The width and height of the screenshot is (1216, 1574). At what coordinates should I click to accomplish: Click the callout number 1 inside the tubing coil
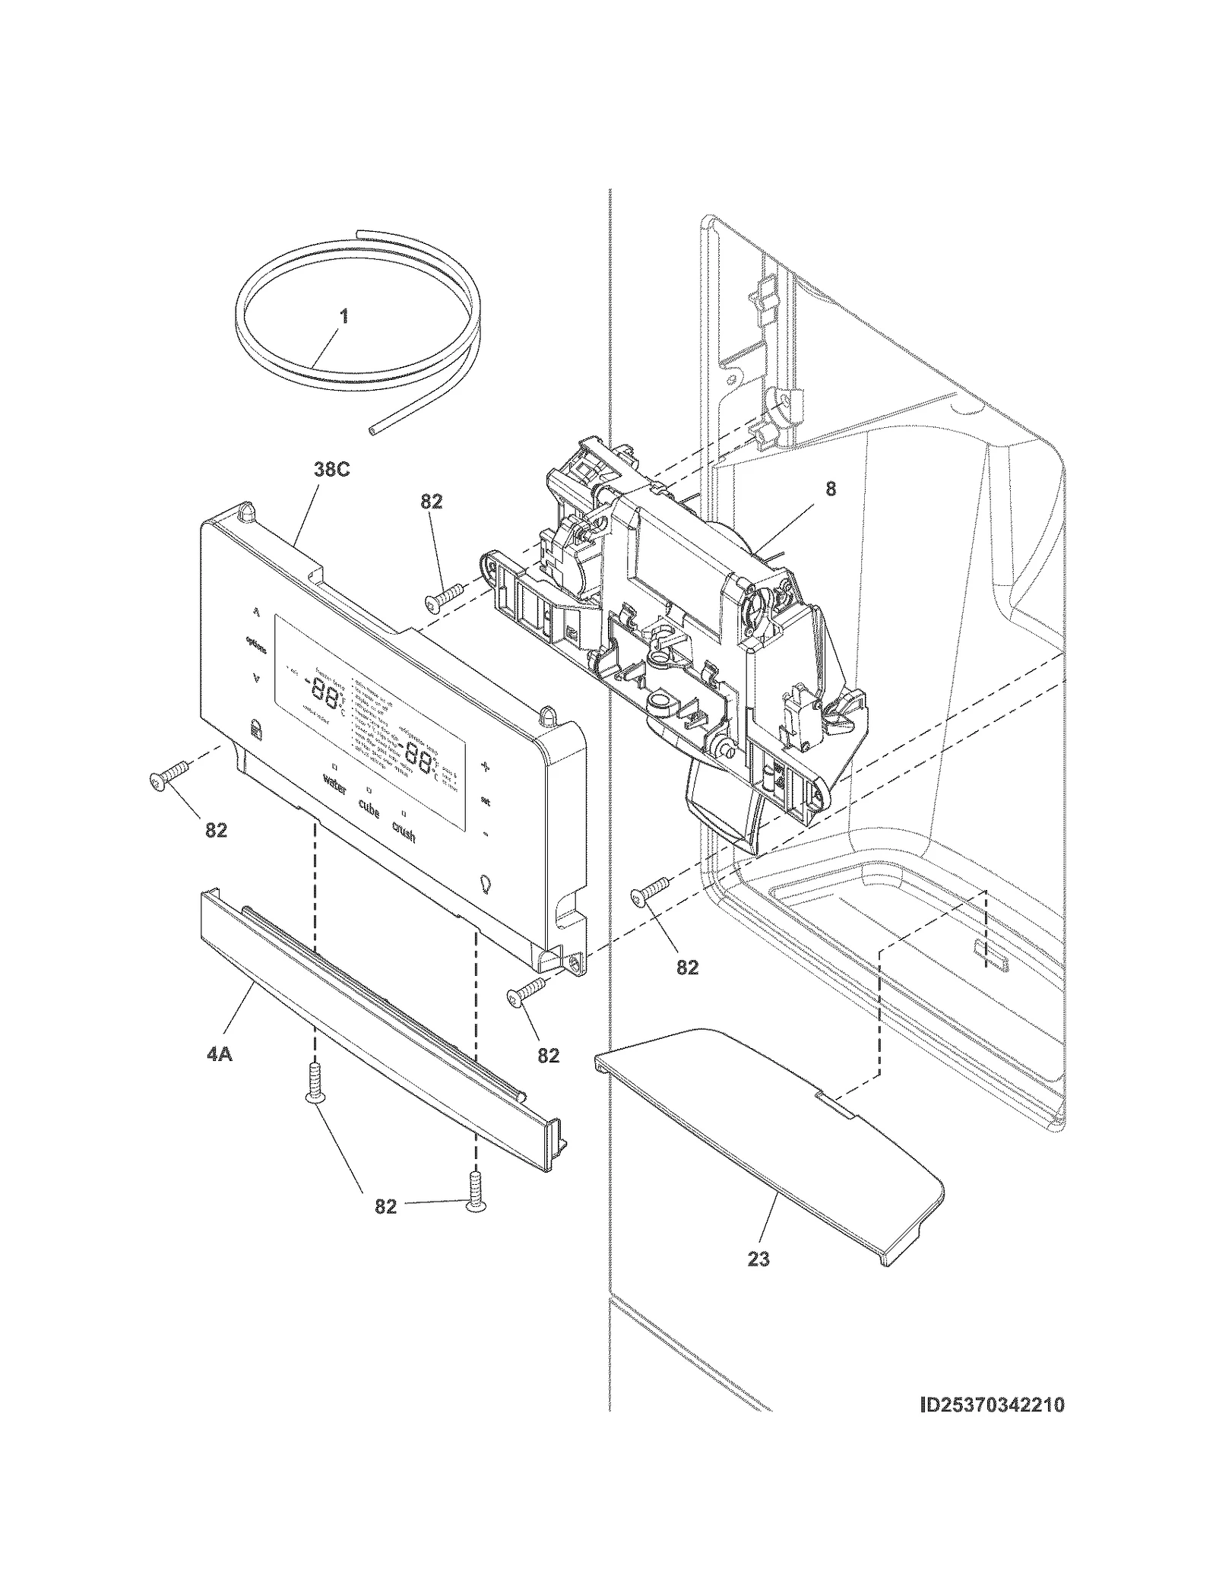pos(344,315)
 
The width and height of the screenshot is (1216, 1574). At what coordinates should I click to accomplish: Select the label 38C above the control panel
pos(331,470)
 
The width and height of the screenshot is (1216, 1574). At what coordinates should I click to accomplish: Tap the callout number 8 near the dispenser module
pos(830,489)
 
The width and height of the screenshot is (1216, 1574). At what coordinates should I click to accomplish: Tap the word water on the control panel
pos(334,784)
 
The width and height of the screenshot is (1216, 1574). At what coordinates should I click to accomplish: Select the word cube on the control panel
pos(369,809)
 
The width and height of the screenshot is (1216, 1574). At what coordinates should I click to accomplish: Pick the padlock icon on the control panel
pos(255,731)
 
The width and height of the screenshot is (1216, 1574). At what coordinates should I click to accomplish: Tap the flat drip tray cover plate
pos(768,1140)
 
